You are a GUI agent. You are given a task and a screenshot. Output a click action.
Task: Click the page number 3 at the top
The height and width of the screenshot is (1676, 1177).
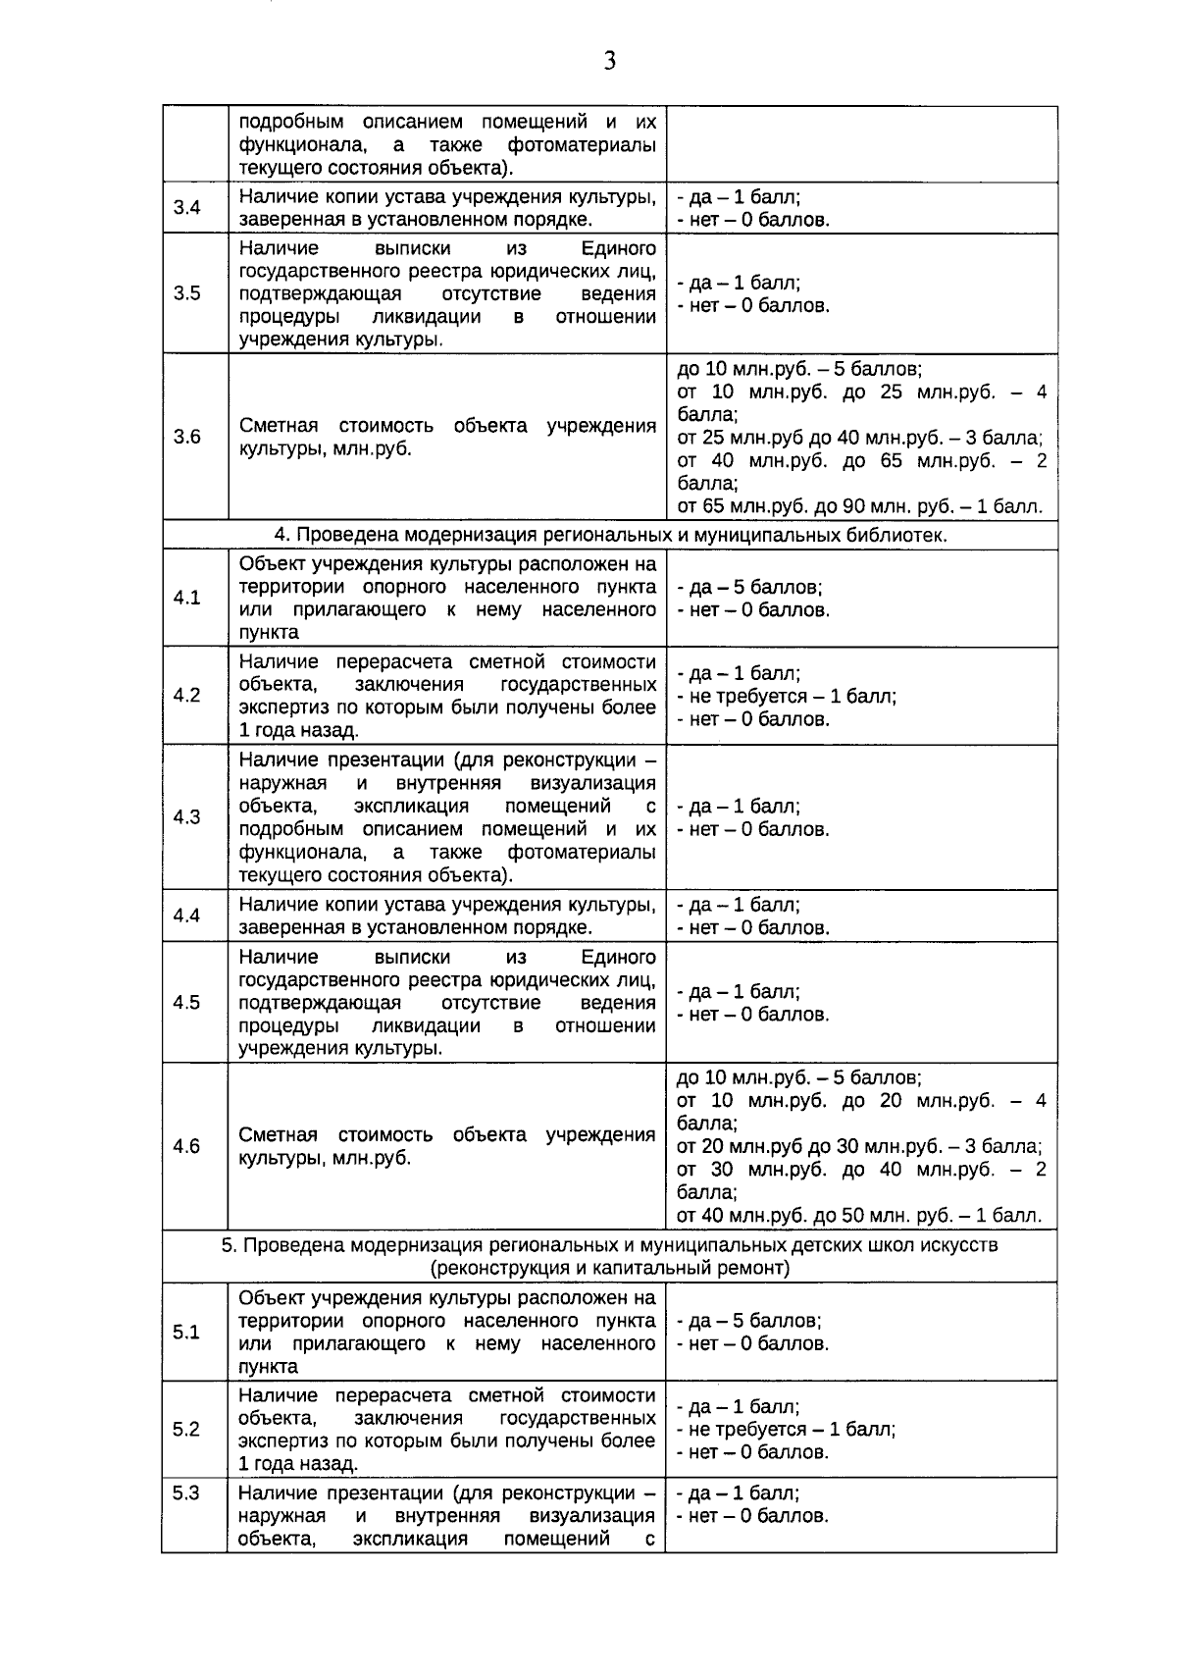pos(609,62)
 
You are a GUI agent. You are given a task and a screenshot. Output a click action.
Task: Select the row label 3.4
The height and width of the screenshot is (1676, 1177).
pos(186,207)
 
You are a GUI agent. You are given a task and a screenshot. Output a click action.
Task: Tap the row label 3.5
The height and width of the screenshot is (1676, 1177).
pos(186,293)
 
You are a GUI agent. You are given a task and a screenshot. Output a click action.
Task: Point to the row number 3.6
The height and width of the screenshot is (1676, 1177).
pos(186,437)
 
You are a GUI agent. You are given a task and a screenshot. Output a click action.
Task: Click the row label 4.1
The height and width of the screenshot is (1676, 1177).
pos(186,598)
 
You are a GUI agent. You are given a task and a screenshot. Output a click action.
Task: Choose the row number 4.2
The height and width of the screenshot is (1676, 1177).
pos(186,695)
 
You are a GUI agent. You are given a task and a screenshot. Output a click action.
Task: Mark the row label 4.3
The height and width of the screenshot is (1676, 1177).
pos(186,817)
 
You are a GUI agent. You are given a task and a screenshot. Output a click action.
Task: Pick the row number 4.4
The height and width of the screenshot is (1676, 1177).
pos(186,916)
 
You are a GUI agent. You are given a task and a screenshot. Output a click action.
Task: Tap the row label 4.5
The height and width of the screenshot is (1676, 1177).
pos(186,1002)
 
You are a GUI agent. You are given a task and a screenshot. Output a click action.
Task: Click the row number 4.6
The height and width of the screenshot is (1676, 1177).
pos(186,1146)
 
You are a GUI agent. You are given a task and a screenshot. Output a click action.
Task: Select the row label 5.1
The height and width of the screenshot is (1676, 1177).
pos(186,1332)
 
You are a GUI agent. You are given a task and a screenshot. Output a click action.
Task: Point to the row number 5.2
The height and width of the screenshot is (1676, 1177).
pos(186,1429)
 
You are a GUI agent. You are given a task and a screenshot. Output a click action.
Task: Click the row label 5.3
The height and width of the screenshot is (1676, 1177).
pos(186,1493)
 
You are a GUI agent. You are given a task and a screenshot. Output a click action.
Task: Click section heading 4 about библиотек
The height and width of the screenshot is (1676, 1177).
pos(609,535)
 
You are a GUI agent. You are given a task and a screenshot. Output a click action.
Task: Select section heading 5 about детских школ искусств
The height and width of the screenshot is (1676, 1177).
pos(609,1256)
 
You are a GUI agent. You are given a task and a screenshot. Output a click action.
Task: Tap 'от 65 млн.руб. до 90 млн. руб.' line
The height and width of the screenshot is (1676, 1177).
pos(859,507)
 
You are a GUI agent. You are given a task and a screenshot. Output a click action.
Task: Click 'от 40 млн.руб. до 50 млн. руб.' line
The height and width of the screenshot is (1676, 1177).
pos(859,1216)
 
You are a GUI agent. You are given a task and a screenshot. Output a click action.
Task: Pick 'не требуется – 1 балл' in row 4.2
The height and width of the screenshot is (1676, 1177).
pos(787,696)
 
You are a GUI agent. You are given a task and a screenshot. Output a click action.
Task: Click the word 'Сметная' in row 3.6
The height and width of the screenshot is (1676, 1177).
pos(279,426)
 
